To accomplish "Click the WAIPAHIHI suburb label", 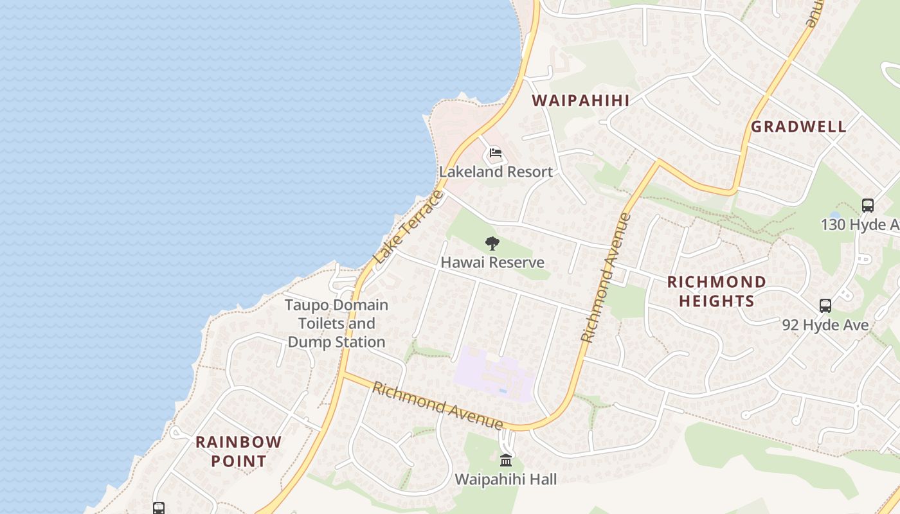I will (x=580, y=100).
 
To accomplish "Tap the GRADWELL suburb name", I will (x=798, y=127).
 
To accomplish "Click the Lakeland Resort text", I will (x=496, y=172).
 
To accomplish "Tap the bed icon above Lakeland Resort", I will (x=495, y=153).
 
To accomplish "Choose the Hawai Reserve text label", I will (x=492, y=262).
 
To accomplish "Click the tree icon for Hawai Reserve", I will (x=492, y=244).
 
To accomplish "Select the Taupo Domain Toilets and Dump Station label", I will (x=336, y=323).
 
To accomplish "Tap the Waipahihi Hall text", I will (x=506, y=479).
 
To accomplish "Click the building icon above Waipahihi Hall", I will (x=506, y=461).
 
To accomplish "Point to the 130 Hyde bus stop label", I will (x=860, y=224).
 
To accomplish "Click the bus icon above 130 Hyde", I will (x=867, y=206).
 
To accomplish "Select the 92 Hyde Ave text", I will (x=825, y=325).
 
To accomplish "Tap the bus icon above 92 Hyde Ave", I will (x=825, y=306).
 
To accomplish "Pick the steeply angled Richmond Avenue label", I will (x=606, y=278).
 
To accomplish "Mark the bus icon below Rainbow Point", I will (x=159, y=508).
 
